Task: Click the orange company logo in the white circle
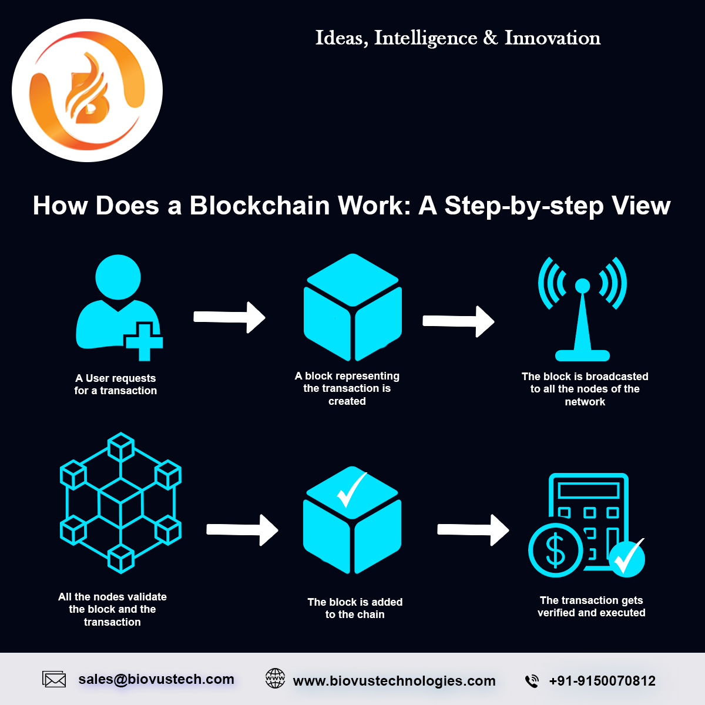pos(87,90)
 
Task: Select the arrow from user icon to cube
pos(230,317)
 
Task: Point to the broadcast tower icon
pos(582,308)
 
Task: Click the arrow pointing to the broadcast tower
pos(459,321)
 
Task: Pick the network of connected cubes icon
pos(120,503)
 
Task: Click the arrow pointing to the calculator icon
pos(474,530)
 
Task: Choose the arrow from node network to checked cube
pos(243,530)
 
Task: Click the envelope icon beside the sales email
pos(55,680)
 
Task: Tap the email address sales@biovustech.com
pos(156,680)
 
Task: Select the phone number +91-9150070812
pos(602,681)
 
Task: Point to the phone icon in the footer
pos(532,681)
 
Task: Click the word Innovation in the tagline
pos(552,38)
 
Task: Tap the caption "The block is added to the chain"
pos(355,608)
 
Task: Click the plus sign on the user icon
pos(143,341)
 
